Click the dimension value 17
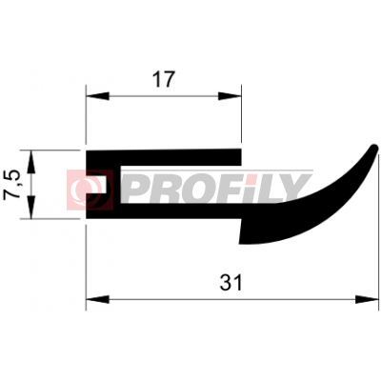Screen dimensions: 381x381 click(x=164, y=79)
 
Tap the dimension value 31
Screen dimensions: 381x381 click(x=231, y=283)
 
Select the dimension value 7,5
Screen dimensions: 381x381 click(x=11, y=185)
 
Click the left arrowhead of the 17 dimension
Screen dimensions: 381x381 click(x=97, y=96)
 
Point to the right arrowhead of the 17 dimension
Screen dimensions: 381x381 click(x=230, y=96)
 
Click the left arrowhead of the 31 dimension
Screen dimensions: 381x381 click(x=97, y=299)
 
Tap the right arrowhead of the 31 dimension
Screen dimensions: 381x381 click(x=367, y=299)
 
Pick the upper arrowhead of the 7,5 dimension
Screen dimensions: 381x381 click(x=30, y=162)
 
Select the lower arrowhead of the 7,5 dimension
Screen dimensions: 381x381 click(x=30, y=208)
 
